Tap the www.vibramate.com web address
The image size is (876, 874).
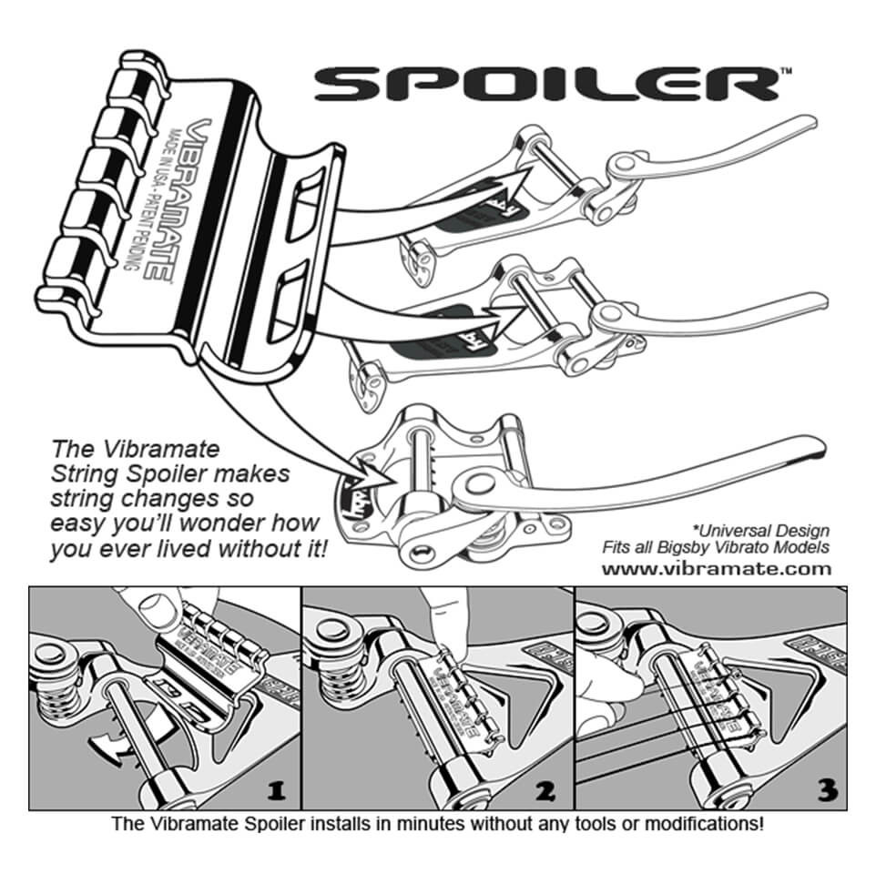(718, 569)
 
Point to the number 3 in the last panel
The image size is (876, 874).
(827, 790)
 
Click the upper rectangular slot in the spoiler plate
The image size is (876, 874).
(308, 205)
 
